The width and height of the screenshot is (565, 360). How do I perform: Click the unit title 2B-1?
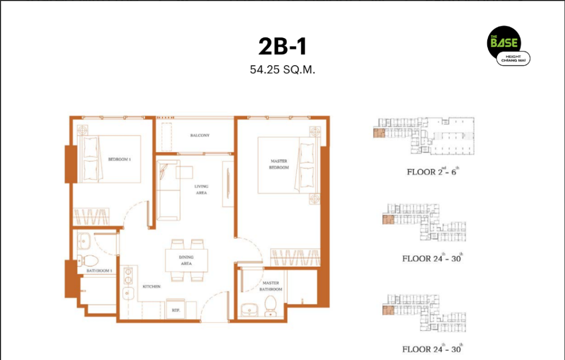tap(282, 46)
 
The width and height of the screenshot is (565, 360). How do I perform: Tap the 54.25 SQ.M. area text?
tap(282, 69)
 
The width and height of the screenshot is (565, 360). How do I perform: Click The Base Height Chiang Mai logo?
tap(508, 46)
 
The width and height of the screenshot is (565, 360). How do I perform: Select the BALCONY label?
tap(200, 136)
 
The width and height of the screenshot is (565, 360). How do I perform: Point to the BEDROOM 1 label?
tap(119, 159)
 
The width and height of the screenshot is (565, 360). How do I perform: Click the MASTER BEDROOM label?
tap(279, 164)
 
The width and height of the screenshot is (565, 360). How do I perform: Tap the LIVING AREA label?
tap(201, 189)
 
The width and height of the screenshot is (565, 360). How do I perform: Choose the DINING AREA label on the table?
tap(186, 260)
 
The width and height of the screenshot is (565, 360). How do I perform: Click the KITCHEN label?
tap(151, 287)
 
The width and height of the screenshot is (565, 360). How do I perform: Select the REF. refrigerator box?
tap(175, 309)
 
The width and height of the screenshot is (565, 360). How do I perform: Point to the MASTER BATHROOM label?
tap(270, 286)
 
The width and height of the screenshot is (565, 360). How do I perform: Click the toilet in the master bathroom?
tap(270, 305)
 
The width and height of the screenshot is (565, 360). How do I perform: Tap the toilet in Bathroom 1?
tap(88, 261)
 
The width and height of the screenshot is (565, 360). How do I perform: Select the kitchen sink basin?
tap(128, 293)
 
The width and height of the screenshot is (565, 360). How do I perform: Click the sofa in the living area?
tap(168, 190)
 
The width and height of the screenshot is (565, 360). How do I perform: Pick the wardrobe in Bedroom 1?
tap(91, 217)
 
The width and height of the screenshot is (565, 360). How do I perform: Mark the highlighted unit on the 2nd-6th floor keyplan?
tap(379, 133)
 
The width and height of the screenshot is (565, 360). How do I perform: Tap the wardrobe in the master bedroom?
tap(295, 257)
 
